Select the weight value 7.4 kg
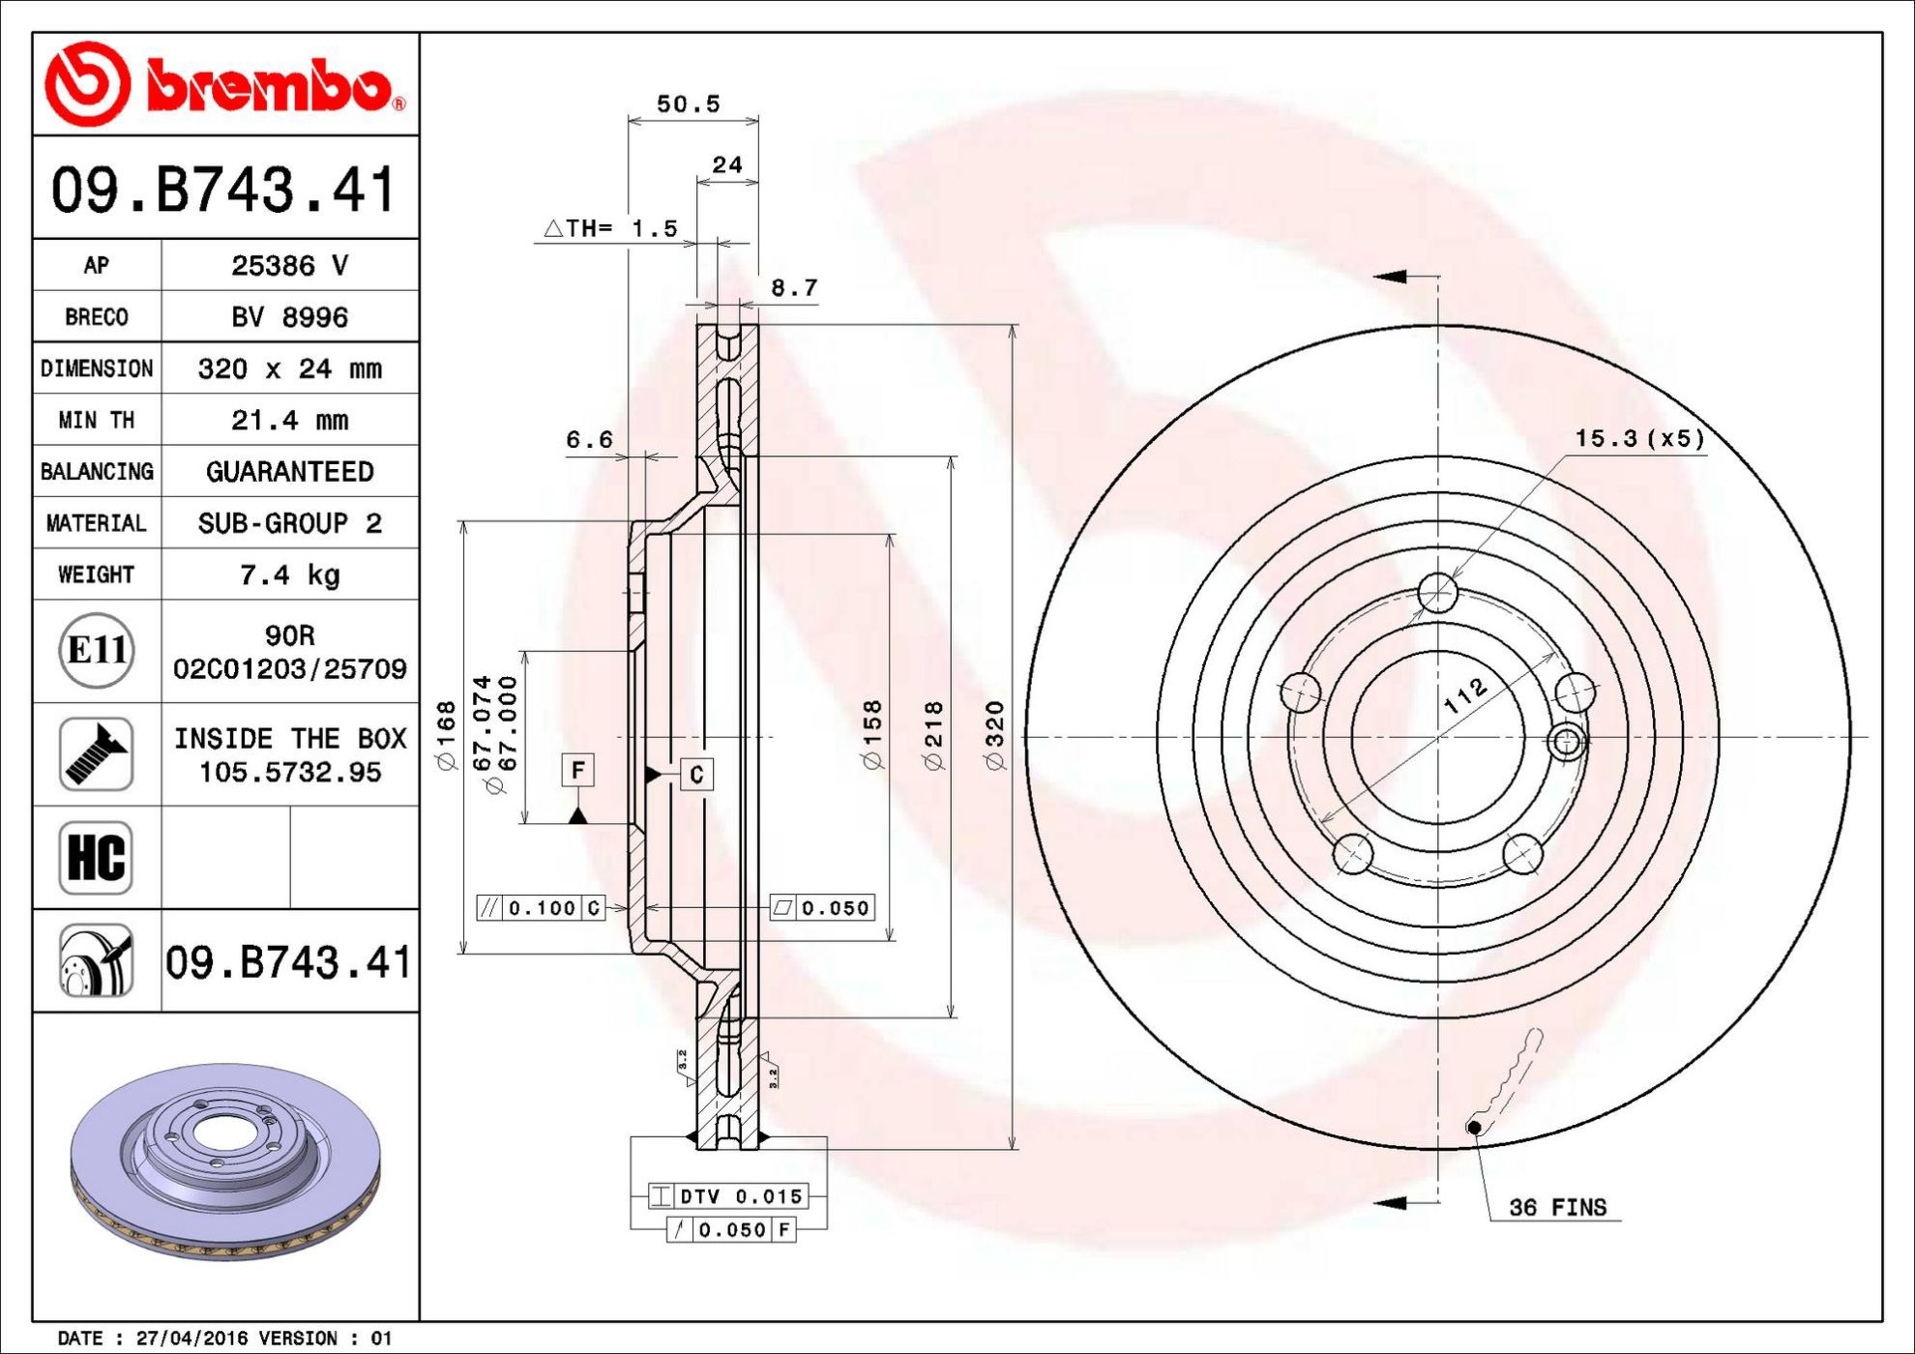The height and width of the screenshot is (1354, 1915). pyautogui.click(x=289, y=575)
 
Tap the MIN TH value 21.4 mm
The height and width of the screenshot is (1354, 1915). pyautogui.click(x=289, y=420)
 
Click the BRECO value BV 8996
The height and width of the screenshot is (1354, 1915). pyautogui.click(x=289, y=317)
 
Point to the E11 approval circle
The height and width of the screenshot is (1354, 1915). pyautogui.click(x=96, y=651)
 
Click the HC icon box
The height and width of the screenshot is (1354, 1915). pyautogui.click(x=96, y=858)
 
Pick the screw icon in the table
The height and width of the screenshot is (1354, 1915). pyautogui.click(x=96, y=754)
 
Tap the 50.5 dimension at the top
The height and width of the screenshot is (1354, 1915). pyautogui.click(x=689, y=103)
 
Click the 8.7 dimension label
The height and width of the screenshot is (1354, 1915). pyautogui.click(x=794, y=288)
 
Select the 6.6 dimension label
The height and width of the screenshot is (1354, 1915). pyautogui.click(x=589, y=440)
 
